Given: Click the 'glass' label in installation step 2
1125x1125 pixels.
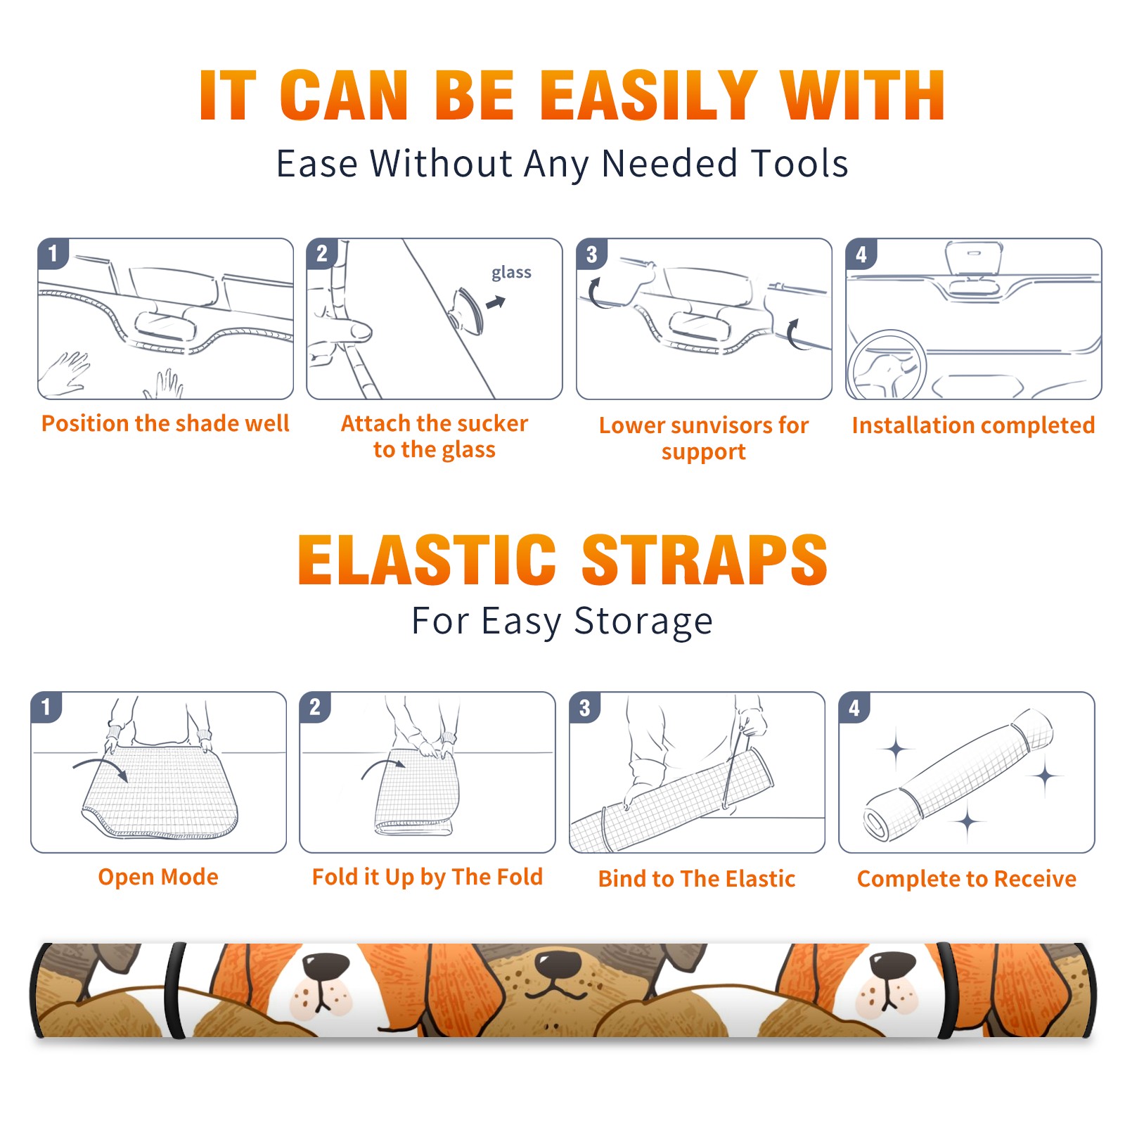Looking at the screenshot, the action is pos(511,273).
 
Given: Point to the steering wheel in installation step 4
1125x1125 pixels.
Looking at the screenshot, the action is pos(886,365).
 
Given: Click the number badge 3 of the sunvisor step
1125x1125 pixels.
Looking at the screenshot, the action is pos(592,254).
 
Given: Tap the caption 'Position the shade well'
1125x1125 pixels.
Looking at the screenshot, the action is pos(165,423).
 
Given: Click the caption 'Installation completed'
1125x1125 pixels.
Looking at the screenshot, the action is pos(973,425).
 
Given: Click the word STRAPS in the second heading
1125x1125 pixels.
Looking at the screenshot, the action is pos(705,560).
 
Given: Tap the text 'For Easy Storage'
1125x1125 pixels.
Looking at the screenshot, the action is pos(562,621).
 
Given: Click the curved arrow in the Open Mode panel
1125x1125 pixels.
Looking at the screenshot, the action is pos(101,766).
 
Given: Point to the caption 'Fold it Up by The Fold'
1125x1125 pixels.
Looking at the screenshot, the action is pos(427,877).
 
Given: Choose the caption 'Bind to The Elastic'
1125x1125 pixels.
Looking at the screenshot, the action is pos(697,878).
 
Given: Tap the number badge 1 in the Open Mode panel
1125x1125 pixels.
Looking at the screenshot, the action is pos(46,707).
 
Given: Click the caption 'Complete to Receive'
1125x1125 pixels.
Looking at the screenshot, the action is pos(967,878).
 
